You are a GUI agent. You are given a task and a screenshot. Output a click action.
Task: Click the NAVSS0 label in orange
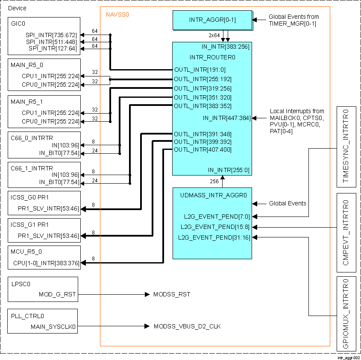(x=117, y=15)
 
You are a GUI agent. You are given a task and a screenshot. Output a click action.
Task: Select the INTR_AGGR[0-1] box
(x=212, y=20)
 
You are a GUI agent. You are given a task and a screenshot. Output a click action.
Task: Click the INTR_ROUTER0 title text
(x=212, y=57)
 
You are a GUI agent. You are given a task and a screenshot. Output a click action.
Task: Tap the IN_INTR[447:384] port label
(x=226, y=118)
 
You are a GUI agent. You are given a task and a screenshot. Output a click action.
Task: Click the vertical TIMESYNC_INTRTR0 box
(x=346, y=146)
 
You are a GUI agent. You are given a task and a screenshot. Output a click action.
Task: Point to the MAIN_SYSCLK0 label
(x=53, y=327)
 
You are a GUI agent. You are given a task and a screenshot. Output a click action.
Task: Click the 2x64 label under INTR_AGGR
(x=214, y=35)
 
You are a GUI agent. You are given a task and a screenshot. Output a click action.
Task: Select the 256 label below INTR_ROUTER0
(x=214, y=181)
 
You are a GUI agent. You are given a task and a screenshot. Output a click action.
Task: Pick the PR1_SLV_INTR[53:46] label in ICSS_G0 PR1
(x=48, y=208)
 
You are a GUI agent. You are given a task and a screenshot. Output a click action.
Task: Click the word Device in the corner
(x=17, y=8)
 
